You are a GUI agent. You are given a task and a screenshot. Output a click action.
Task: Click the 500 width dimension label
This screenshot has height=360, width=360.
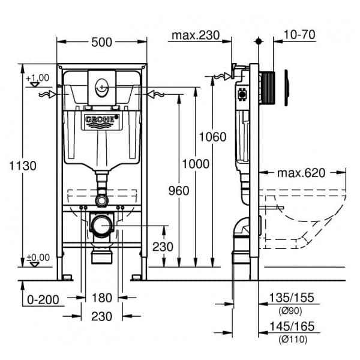pos(102,43)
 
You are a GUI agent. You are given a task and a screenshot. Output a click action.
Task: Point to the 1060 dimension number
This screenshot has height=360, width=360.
pos(213,137)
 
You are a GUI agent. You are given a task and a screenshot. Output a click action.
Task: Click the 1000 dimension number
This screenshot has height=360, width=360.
pos(197,164)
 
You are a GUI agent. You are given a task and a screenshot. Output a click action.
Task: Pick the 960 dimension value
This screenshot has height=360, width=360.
pos(178,191)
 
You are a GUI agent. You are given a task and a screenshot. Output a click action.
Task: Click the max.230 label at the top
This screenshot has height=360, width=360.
pos(193,35)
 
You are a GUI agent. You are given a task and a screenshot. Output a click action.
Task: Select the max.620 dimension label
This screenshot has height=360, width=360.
pos(301,173)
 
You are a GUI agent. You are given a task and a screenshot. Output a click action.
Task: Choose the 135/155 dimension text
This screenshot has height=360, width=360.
pos(292,298)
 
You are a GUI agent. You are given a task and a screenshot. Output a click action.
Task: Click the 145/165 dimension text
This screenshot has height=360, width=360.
pos(292,327)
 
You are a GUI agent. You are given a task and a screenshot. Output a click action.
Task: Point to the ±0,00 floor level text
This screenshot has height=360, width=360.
pos(38,256)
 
